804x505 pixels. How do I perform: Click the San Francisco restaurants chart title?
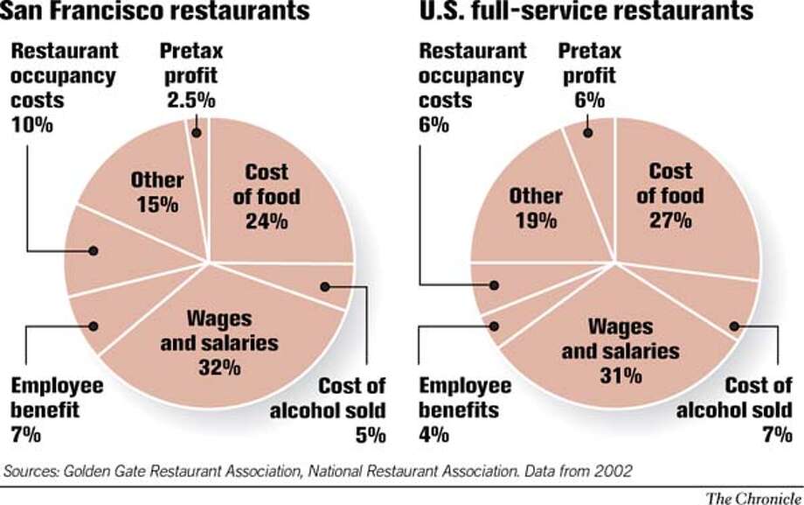(156, 12)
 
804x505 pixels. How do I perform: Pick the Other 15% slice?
(156, 193)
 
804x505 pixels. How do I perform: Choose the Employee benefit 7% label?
(58, 409)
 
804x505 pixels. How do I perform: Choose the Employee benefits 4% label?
(467, 409)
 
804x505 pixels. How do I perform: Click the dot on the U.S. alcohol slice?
(734, 326)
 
